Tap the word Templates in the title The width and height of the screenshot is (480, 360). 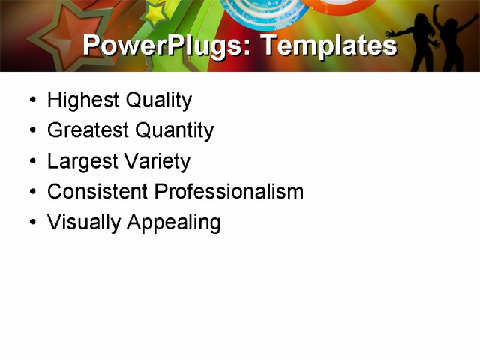coord(328,46)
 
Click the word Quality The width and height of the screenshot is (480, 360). coord(158,100)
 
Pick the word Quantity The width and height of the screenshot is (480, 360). coord(173,130)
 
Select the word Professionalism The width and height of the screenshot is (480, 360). coord(229,192)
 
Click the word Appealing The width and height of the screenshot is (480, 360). coord(173,223)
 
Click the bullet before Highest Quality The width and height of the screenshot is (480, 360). coord(31,100)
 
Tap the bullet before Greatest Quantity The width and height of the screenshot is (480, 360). coord(31,131)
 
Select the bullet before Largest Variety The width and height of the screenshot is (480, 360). coord(31,162)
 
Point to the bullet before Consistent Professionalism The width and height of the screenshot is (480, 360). coord(31,193)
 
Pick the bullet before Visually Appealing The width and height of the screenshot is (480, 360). coord(31,223)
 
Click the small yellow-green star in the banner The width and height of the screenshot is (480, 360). coord(155,12)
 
